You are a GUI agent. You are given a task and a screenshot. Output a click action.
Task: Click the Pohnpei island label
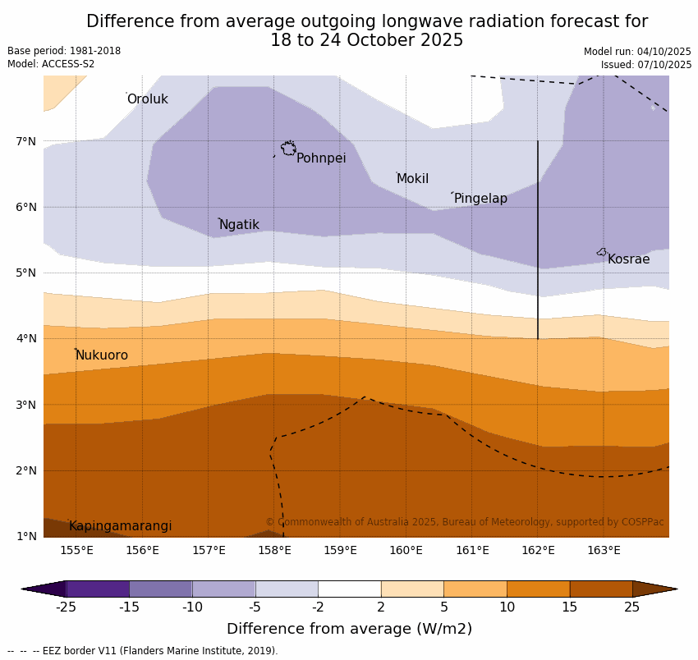click(x=321, y=158)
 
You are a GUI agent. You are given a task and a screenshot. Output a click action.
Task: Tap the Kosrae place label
click(x=628, y=259)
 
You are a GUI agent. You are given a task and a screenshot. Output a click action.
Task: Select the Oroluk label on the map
click(x=147, y=99)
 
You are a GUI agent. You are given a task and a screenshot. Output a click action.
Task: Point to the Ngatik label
click(x=239, y=225)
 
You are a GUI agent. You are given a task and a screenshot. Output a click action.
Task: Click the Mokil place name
click(x=412, y=179)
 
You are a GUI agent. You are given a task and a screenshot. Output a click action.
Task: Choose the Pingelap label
click(x=480, y=199)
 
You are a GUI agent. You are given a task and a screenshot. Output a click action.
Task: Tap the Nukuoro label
click(x=102, y=355)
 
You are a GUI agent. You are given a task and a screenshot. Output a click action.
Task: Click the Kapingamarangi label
click(x=120, y=526)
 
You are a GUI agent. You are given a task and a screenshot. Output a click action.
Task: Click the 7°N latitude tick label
click(x=26, y=141)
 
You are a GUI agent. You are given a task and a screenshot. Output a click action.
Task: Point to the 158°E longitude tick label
click(x=274, y=550)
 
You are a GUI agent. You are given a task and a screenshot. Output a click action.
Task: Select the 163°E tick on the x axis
click(x=604, y=550)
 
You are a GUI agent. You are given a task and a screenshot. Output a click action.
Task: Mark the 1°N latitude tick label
click(x=26, y=536)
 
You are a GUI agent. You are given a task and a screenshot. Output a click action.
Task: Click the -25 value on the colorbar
click(x=66, y=607)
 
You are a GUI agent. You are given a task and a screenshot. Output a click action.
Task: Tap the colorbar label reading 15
click(x=570, y=607)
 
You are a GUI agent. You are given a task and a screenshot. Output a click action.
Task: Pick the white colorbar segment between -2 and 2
click(x=349, y=589)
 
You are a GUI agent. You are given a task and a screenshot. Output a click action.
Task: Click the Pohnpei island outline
click(x=288, y=149)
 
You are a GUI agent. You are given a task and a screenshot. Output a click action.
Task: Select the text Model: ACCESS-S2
click(x=51, y=64)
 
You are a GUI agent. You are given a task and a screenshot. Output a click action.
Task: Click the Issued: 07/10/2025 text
click(x=645, y=65)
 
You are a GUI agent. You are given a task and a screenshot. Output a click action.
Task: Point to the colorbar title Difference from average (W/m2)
click(x=349, y=630)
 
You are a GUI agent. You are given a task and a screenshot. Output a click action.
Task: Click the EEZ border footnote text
click(x=143, y=651)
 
